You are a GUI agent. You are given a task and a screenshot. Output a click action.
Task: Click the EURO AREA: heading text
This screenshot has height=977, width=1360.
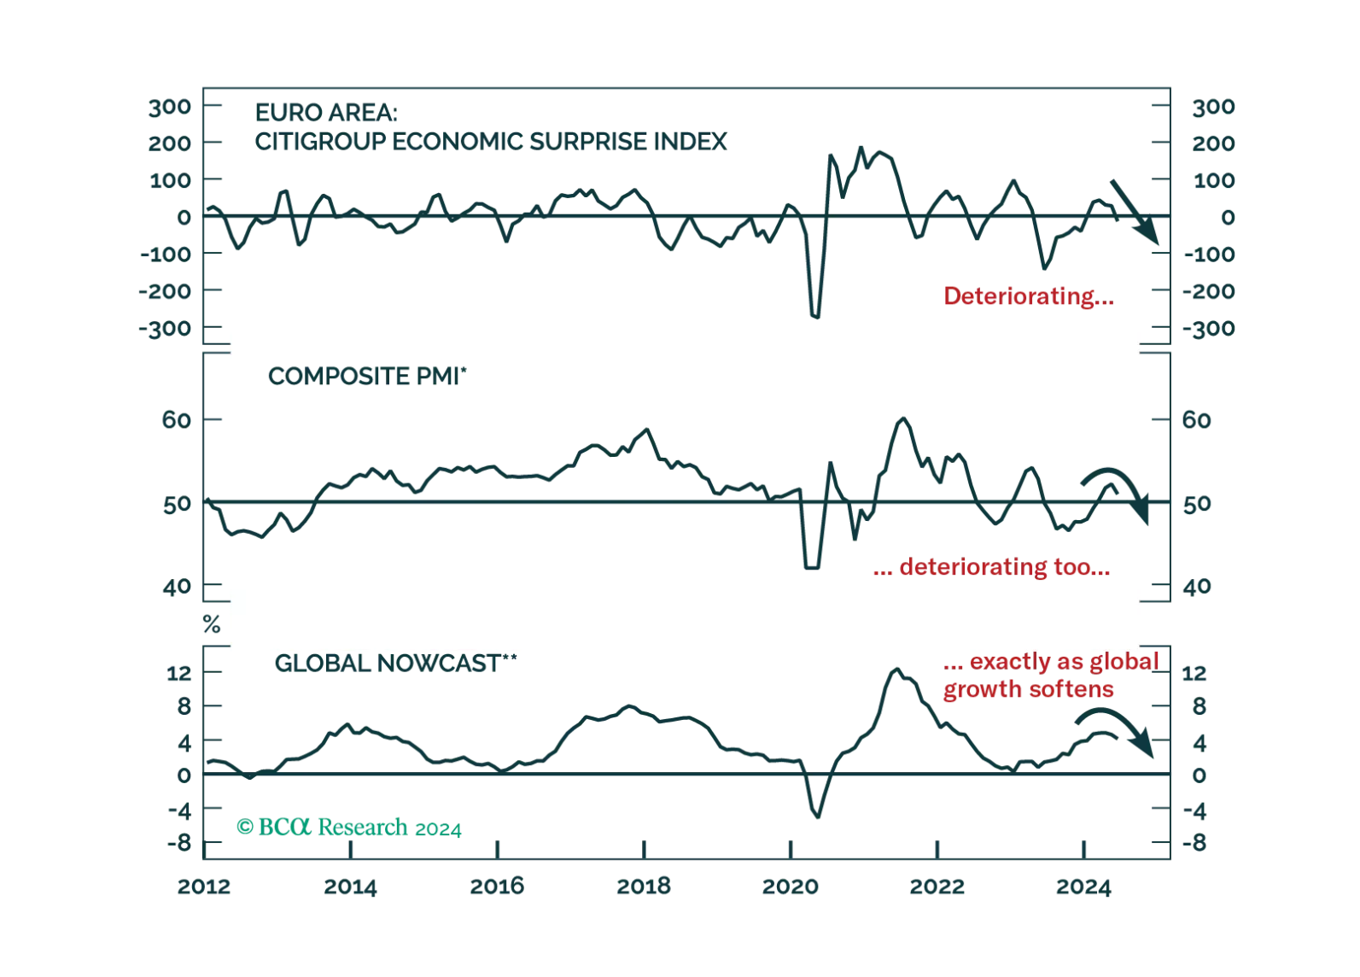pyautogui.click(x=324, y=112)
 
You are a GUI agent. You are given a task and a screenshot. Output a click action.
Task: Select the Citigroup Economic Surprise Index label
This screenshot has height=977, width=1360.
pyautogui.click(x=491, y=140)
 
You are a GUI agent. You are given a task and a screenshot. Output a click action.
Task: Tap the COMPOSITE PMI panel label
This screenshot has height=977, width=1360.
pyautogui.click(x=368, y=377)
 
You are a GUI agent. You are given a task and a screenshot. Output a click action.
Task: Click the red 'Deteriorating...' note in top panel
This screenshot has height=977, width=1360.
pyautogui.click(x=1027, y=297)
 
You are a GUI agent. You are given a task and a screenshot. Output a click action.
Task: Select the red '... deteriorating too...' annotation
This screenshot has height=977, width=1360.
pyautogui.click(x=990, y=568)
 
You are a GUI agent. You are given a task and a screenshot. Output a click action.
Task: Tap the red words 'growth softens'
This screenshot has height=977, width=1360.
pyautogui.click(x=1028, y=689)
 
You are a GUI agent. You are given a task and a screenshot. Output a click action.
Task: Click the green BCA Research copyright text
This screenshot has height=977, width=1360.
pyautogui.click(x=349, y=828)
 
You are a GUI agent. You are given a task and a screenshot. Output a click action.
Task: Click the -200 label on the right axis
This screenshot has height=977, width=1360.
pyautogui.click(x=1210, y=291)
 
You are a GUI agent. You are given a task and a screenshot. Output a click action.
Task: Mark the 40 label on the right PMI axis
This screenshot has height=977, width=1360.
pyautogui.click(x=1199, y=586)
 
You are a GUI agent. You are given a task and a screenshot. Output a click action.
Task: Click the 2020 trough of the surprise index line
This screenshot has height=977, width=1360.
pyautogui.click(x=814, y=316)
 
